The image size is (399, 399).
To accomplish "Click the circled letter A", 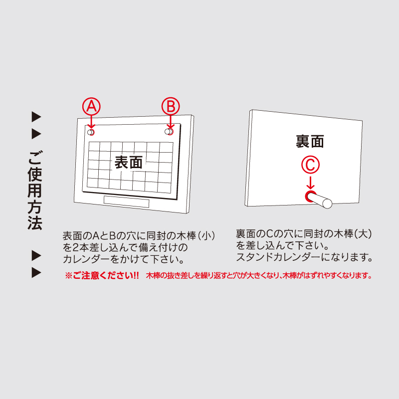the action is (x=91, y=106).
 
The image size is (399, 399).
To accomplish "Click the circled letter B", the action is (x=171, y=106).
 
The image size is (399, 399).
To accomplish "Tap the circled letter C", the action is (x=310, y=165).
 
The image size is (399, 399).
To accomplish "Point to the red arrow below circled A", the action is (x=91, y=122).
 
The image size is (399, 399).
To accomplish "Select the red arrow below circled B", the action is (x=171, y=122).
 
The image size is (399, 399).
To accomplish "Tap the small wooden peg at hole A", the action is (x=91, y=132).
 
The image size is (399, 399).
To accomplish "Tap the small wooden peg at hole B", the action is (x=169, y=132).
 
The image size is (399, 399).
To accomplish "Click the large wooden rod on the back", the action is (x=319, y=200).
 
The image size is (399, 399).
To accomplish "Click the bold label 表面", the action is (x=129, y=162).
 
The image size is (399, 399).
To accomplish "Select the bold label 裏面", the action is (x=310, y=141).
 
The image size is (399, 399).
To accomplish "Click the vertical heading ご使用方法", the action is (x=35, y=191).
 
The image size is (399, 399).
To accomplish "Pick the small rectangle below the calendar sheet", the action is (x=127, y=202).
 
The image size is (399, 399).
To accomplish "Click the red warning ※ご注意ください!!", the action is (x=102, y=276).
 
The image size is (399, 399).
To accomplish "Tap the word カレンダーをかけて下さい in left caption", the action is (x=124, y=259).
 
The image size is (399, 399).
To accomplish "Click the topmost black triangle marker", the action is (x=36, y=117).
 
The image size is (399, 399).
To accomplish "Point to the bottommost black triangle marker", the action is (x=36, y=273).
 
